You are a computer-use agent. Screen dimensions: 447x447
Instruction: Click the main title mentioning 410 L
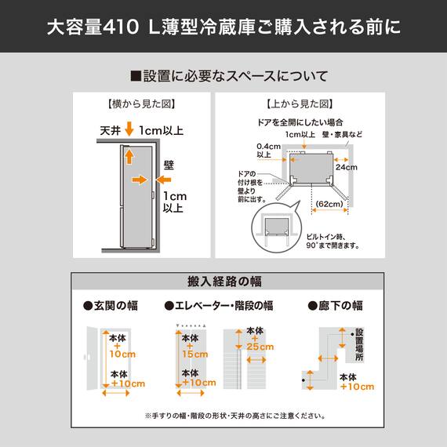[x=223, y=28]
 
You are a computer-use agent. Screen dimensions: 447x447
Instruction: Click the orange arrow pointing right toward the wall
[x=139, y=180]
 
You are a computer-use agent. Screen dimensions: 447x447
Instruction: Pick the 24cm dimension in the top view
[x=347, y=167]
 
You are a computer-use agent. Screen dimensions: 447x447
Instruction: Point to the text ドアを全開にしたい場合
[x=300, y=122]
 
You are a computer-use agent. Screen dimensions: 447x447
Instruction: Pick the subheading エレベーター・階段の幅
[x=218, y=305]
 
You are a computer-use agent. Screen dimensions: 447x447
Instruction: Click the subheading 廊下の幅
[x=335, y=305]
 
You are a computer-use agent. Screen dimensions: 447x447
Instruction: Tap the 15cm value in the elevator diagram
[x=192, y=354]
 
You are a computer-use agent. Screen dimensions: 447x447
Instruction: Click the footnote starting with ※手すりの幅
[x=223, y=416]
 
